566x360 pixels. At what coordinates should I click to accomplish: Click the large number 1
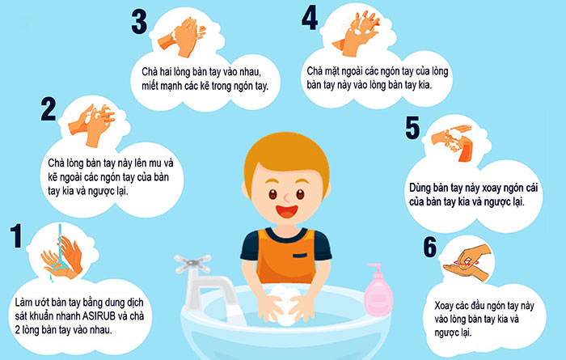pos(16,235)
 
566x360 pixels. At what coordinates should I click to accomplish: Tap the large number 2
pos(49,108)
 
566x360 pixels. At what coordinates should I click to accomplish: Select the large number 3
pos(139,22)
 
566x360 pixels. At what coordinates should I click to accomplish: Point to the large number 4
pos(310,17)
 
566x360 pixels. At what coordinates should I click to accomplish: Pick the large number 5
pos(412,128)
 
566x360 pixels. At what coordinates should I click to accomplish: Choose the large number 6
pos(430,247)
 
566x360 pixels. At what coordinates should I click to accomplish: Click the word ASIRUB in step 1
pos(99,316)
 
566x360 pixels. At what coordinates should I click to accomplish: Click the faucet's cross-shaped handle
pos(192,264)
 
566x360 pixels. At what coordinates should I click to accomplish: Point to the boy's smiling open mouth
pos(287,211)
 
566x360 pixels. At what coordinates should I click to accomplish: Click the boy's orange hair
pos(286,159)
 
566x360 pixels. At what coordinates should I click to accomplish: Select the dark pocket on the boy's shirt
pos(300,256)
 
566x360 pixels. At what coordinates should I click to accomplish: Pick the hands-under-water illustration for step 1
pos(61,256)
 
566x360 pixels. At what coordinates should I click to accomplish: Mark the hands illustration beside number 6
pos(467,262)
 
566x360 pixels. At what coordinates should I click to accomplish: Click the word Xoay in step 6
pos(444,306)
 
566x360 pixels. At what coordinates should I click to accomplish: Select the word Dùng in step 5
pos(420,188)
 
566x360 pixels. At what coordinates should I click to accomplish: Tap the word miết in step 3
pos(150,86)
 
